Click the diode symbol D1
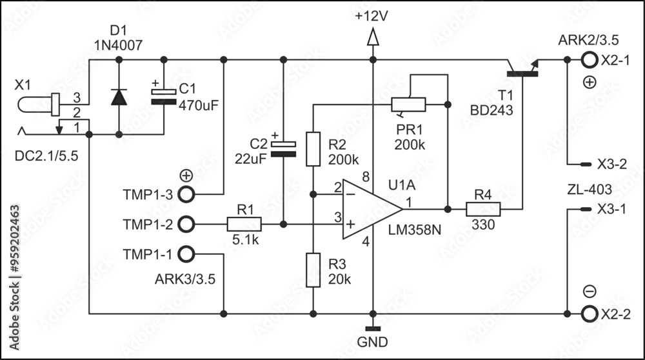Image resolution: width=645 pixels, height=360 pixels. [118, 97]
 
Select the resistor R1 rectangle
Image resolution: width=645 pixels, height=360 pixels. [244, 224]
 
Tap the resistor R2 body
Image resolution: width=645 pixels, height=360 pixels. [313, 149]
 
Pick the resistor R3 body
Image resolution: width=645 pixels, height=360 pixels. [313, 270]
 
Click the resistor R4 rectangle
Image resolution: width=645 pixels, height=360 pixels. [483, 209]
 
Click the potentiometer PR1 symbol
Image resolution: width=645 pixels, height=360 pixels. [408, 105]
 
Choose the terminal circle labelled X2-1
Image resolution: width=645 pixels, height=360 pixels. [588, 60]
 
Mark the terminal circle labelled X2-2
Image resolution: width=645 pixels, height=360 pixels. [588, 314]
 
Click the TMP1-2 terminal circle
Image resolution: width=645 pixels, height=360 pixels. [186, 224]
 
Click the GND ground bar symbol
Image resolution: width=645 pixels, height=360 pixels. [372, 329]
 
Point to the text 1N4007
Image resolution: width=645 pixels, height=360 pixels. [117, 45]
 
